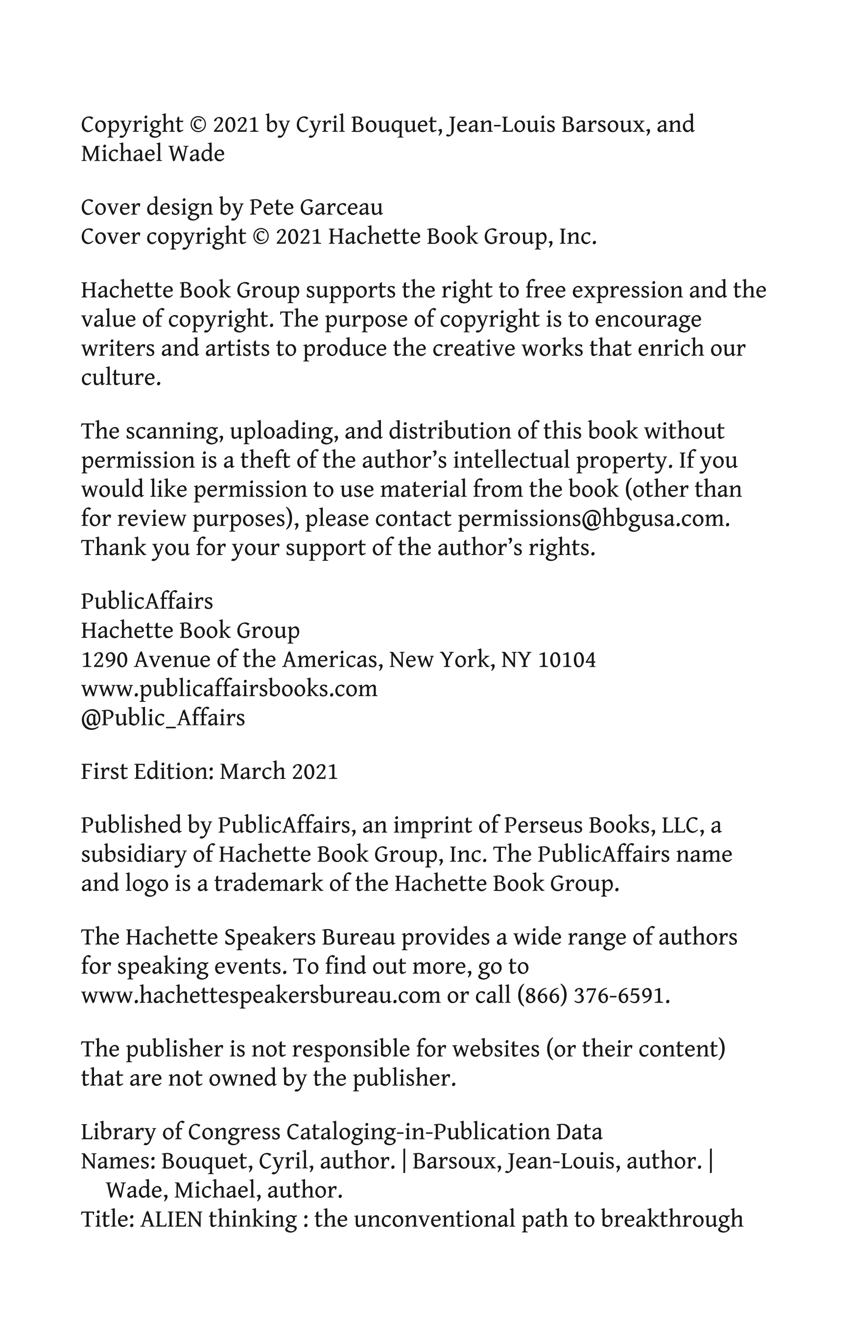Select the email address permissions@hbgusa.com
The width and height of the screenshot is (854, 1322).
point(592,519)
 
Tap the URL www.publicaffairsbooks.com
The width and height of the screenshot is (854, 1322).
point(229,689)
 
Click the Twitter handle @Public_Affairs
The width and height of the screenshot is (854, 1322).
point(163,718)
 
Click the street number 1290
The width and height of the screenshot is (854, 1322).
point(104,660)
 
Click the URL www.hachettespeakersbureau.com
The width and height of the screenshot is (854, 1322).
point(261,996)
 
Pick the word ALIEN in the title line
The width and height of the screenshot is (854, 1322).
point(171,1220)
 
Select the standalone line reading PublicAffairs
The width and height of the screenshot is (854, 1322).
point(147,601)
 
